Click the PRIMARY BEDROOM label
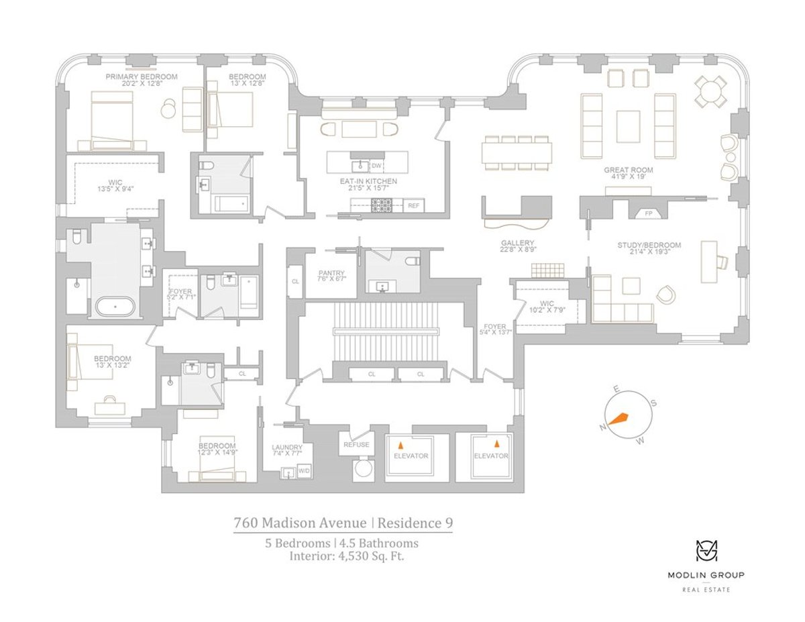point(142,76)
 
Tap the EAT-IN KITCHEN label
point(368,181)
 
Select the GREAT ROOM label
point(629,170)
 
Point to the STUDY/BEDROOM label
point(649,245)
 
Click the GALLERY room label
point(517,243)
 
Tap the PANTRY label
point(331,273)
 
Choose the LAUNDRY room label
point(286,447)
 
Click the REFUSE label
point(356,445)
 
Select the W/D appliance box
point(304,471)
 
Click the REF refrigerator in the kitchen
point(413,205)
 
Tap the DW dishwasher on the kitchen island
point(376,166)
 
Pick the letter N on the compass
point(602,427)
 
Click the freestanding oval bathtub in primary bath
point(115,307)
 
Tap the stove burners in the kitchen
point(381,205)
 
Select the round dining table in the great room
point(710,91)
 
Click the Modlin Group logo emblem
point(706,551)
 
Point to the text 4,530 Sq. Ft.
point(372,556)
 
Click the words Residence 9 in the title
point(415,523)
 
